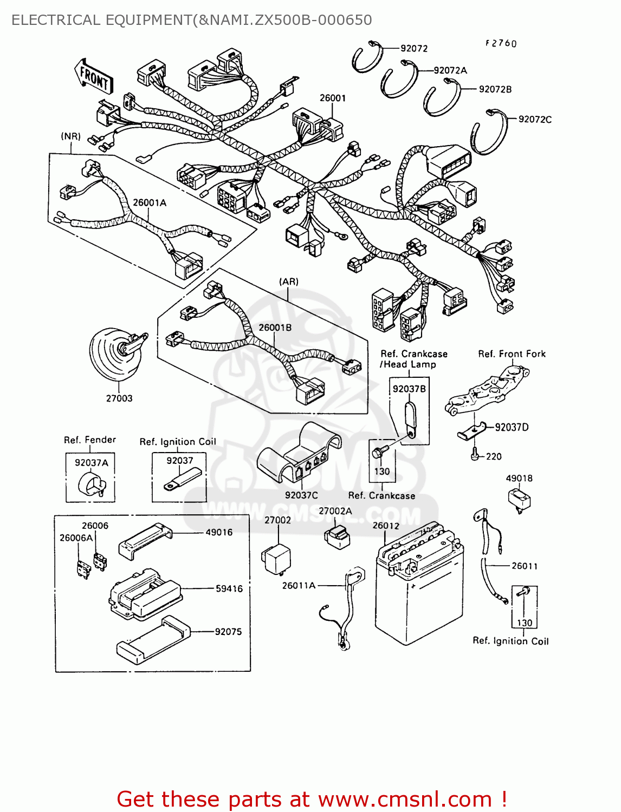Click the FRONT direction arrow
[x=94, y=77]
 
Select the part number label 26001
[x=332, y=98]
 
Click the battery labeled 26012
[x=419, y=585]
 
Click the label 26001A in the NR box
[x=150, y=202]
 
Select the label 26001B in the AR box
[x=275, y=328]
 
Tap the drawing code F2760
[x=501, y=43]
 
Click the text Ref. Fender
[x=90, y=440]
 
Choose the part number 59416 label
[x=229, y=588]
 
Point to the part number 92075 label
[x=228, y=631]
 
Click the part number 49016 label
[x=219, y=532]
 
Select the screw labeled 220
[x=475, y=456]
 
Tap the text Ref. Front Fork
[x=512, y=353]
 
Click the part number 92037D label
[x=512, y=427]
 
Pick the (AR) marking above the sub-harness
[x=289, y=281]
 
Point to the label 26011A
[x=299, y=585]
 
